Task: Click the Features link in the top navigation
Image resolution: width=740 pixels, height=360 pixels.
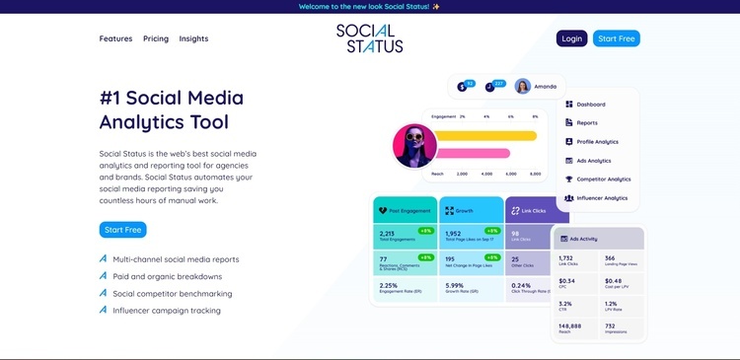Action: pos(115,38)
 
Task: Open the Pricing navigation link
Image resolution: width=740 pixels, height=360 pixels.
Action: pos(156,38)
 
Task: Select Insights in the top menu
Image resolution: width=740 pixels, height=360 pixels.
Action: pos(193,38)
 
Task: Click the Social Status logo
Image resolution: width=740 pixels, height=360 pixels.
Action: pos(369,38)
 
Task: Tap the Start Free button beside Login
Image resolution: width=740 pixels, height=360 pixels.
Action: pos(617,38)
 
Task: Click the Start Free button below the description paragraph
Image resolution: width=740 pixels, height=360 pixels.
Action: pos(122,230)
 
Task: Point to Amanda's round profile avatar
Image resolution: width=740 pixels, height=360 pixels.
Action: pos(522,86)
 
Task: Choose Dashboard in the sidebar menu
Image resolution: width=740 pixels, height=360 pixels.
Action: pos(591,105)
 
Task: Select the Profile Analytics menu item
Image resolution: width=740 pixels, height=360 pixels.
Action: pos(597,142)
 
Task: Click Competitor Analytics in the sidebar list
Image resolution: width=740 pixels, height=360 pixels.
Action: pos(603,180)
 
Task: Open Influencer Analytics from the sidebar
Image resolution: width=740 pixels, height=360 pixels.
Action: pos(602,198)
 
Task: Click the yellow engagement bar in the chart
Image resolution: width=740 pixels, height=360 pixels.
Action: pos(485,135)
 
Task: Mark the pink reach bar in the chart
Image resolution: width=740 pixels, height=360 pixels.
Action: pos(473,154)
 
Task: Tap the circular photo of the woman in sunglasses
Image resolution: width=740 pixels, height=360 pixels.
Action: pos(414,146)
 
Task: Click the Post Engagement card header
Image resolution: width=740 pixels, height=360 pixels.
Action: pos(404,210)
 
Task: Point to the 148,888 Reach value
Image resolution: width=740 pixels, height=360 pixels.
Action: pos(569,325)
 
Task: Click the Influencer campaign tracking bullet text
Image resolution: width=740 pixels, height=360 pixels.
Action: pos(167,310)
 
